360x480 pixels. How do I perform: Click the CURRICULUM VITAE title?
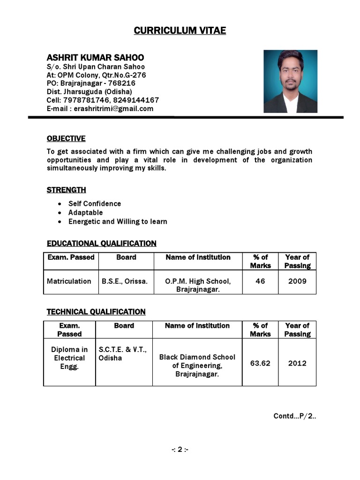click(180, 31)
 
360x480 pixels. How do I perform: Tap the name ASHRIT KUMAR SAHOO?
click(95, 58)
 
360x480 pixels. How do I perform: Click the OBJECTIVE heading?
click(66, 138)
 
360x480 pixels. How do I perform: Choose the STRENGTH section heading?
click(66, 190)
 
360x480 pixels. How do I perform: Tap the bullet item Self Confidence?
click(95, 203)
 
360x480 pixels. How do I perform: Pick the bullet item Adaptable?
click(85, 212)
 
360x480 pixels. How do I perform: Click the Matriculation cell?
click(69, 281)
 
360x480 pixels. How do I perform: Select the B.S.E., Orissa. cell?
click(125, 281)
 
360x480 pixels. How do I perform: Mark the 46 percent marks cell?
click(260, 281)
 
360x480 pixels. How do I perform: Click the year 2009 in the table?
click(297, 281)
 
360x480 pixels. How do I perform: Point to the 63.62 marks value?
click(260, 363)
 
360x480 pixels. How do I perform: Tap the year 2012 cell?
click(297, 363)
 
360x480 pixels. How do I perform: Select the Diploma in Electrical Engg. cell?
click(69, 358)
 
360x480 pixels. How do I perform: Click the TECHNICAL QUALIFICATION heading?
click(96, 312)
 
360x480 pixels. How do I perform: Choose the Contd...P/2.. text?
click(295, 416)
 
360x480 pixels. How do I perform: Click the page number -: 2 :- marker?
click(180, 450)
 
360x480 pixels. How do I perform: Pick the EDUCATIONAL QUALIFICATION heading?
click(102, 243)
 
